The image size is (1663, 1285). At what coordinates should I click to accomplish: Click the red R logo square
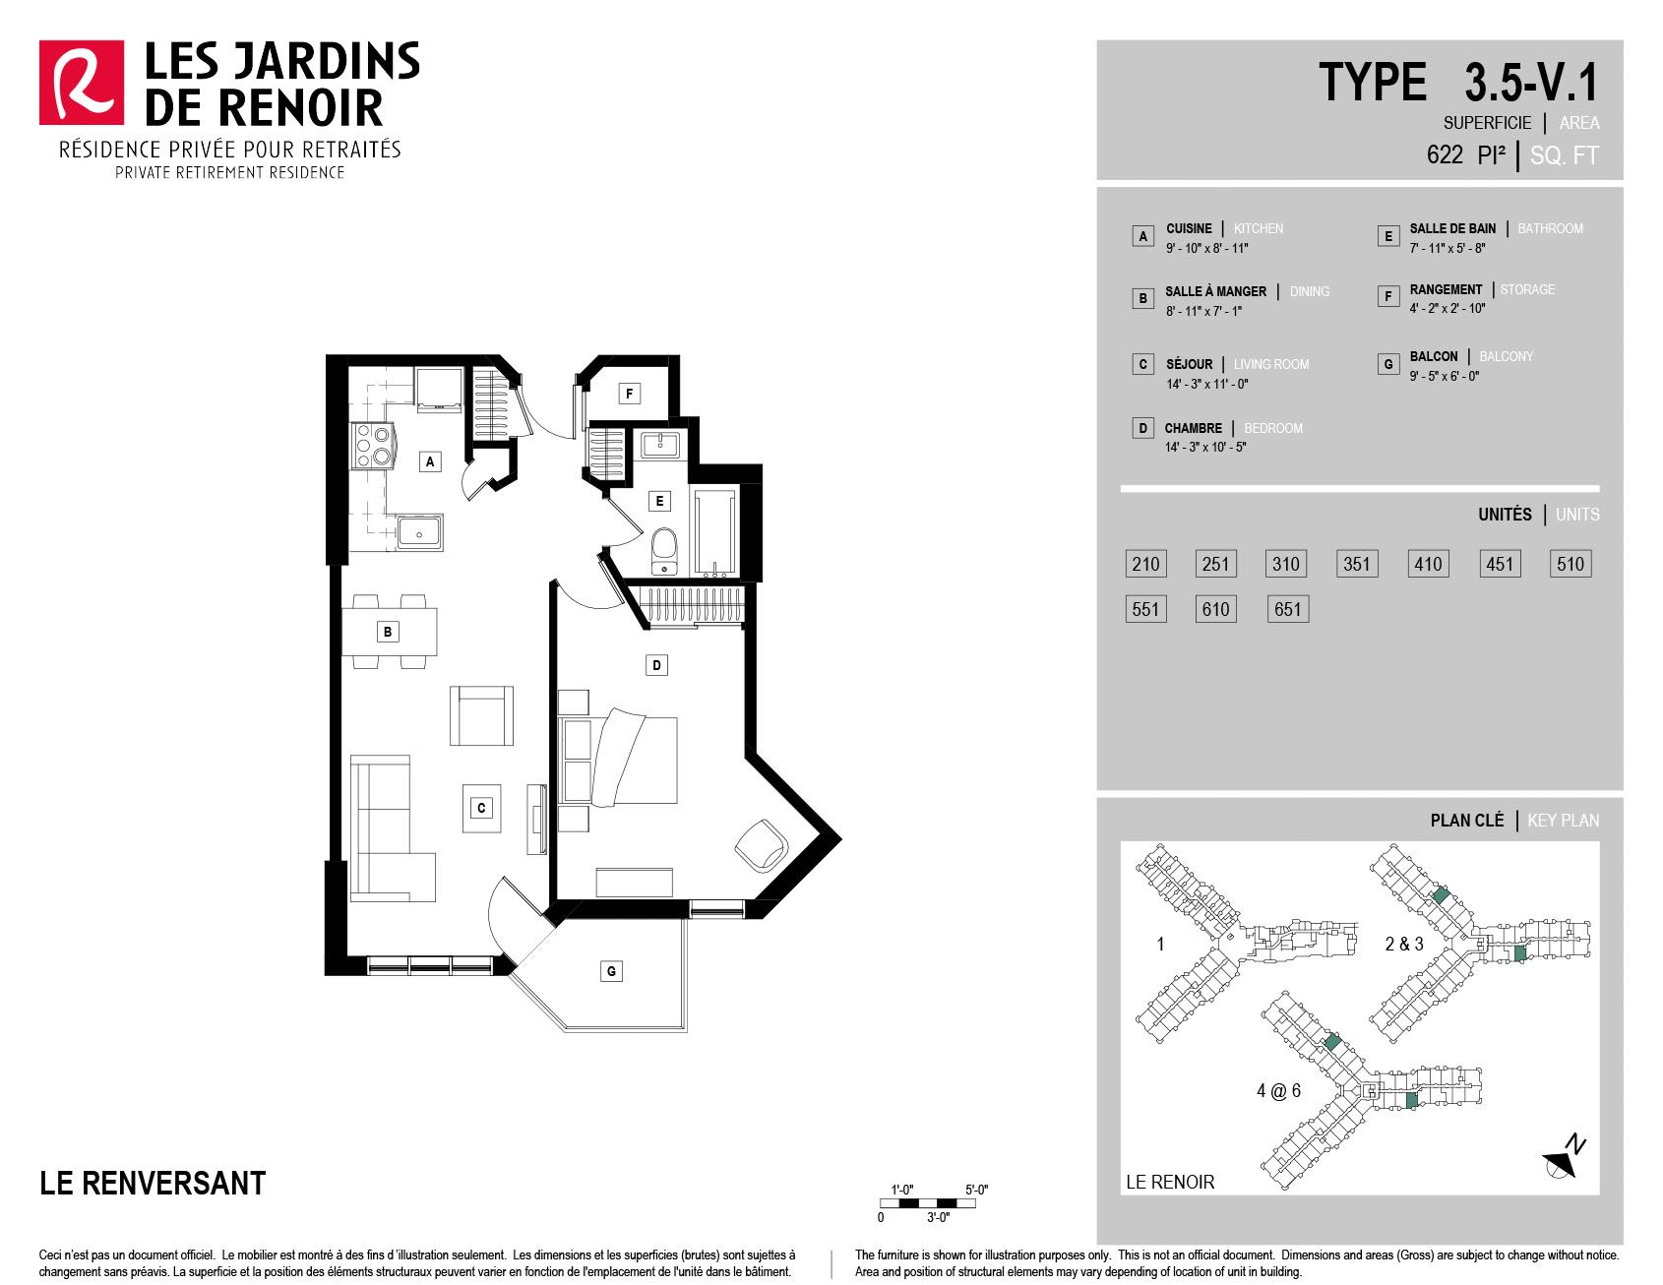click(x=82, y=83)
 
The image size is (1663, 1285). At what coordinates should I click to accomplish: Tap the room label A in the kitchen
click(x=430, y=461)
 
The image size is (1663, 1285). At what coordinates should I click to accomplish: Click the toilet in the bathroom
click(x=665, y=552)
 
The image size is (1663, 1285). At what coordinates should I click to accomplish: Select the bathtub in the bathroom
click(x=714, y=531)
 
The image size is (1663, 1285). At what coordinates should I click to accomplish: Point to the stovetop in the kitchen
click(x=373, y=445)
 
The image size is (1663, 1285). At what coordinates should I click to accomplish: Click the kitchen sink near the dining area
click(x=420, y=533)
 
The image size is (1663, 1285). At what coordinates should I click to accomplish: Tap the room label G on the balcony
click(x=611, y=971)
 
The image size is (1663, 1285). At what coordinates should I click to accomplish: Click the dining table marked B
click(x=390, y=632)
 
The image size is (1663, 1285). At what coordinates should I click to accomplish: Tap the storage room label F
click(x=630, y=394)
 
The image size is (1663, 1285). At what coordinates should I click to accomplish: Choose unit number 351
click(x=1357, y=564)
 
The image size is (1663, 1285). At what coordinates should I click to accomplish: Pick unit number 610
click(x=1216, y=609)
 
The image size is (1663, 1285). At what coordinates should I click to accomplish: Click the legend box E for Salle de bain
click(x=1388, y=236)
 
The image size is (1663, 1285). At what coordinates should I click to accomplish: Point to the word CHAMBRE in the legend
click(x=1194, y=428)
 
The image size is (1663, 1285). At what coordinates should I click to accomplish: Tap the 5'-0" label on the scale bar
click(x=976, y=1190)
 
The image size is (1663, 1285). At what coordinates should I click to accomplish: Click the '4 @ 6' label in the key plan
click(x=1278, y=1090)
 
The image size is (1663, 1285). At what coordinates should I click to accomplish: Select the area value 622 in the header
click(x=1445, y=154)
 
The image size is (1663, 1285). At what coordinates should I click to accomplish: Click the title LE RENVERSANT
click(x=153, y=1183)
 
